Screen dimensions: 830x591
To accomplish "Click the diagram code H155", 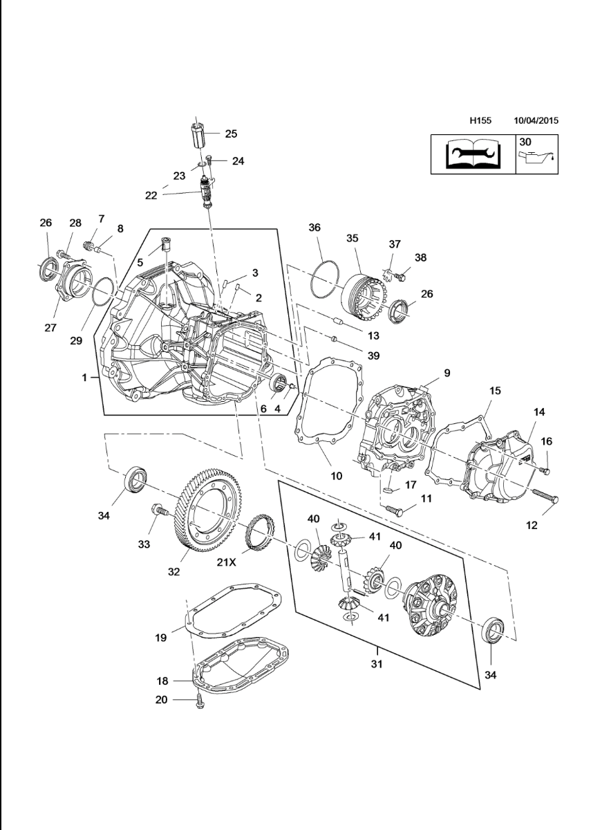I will [x=480, y=120].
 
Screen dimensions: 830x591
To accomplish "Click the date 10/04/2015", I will [x=536, y=120].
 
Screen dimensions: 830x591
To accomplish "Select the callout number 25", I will [x=230, y=133].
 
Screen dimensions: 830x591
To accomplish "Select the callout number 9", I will [x=447, y=373].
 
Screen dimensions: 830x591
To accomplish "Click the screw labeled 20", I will [x=199, y=701].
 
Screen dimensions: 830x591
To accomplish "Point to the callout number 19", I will [x=160, y=638].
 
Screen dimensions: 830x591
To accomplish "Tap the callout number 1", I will [x=85, y=378].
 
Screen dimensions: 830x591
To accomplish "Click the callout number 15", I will [x=495, y=391].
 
